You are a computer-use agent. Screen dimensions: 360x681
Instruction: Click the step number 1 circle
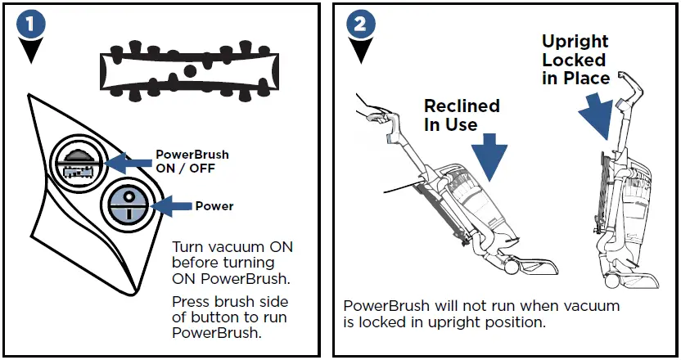tap(30, 24)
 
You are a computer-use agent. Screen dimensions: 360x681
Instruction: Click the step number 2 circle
tap(358, 24)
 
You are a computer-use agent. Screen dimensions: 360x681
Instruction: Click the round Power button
tap(124, 203)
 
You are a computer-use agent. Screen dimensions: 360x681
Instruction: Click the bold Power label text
tap(214, 206)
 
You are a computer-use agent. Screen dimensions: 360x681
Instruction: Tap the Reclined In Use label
tap(461, 115)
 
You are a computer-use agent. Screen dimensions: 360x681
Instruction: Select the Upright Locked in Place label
tap(575, 60)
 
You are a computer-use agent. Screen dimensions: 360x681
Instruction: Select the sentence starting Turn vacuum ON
tap(232, 262)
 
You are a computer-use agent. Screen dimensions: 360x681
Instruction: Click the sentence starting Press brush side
tap(229, 317)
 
